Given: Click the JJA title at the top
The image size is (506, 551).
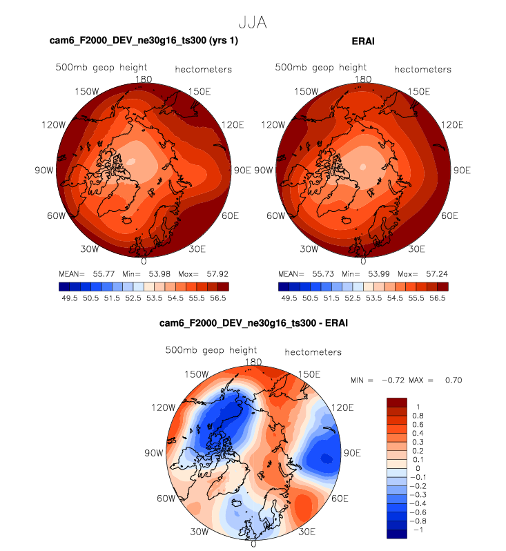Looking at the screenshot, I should point(252,23).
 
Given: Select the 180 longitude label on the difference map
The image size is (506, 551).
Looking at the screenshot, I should point(254,362).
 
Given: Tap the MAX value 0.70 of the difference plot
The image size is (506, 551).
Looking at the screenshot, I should point(452,380).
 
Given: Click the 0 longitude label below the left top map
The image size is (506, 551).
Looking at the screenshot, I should point(144,261).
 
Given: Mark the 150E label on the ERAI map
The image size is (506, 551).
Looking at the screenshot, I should point(418,92).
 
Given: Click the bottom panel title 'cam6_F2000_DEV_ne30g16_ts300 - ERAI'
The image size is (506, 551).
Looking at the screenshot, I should point(253,324).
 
